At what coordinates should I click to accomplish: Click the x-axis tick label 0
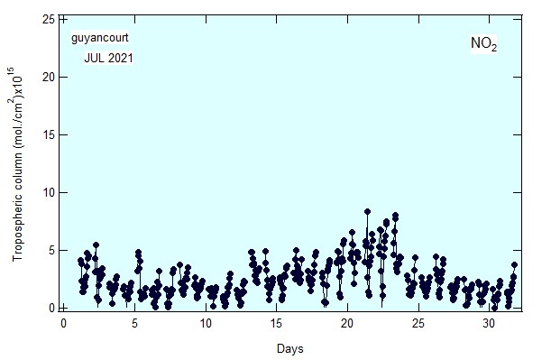click(x=63, y=323)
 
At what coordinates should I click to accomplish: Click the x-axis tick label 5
click(x=134, y=323)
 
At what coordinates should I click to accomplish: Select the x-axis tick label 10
click(x=206, y=323)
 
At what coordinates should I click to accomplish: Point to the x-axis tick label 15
click(x=277, y=323)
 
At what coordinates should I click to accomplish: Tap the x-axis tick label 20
click(x=347, y=323)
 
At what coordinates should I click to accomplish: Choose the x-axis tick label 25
click(x=418, y=323)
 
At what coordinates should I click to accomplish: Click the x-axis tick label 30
click(x=489, y=323)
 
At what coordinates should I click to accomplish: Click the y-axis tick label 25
click(x=49, y=20)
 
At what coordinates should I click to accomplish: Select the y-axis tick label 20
click(x=49, y=78)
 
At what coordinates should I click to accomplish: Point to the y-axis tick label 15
click(x=49, y=135)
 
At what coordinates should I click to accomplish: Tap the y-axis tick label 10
click(x=49, y=193)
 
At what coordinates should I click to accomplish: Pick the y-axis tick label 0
click(x=51, y=309)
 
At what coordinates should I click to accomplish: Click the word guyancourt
click(x=100, y=38)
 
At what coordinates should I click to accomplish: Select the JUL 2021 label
click(x=108, y=58)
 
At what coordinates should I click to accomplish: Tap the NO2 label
click(x=484, y=43)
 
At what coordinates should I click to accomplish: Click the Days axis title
click(x=289, y=349)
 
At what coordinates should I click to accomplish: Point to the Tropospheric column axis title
click(x=17, y=164)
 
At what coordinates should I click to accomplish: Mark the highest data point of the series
click(x=367, y=211)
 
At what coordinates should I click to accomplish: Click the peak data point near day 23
click(x=395, y=215)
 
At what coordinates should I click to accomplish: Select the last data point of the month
click(x=514, y=264)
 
